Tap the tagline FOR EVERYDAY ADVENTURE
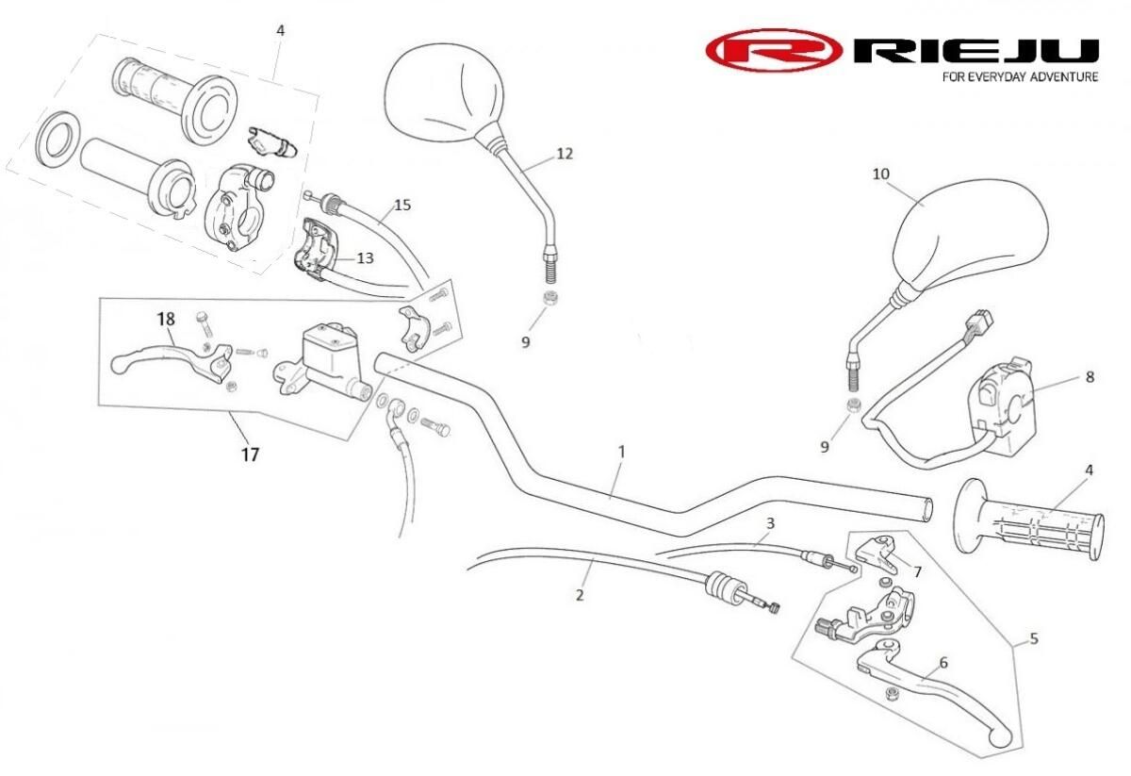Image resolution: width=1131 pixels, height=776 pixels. [1020, 76]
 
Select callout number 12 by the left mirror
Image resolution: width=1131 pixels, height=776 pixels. [565, 153]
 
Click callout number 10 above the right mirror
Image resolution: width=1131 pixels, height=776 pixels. [881, 174]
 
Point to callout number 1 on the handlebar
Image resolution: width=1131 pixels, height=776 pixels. [621, 453]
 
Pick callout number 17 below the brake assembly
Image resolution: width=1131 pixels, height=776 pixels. [249, 454]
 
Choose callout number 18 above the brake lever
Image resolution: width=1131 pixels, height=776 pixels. [166, 320]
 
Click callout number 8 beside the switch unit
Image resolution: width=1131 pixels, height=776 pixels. [1090, 377]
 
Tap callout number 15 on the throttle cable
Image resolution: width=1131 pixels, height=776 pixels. [402, 205]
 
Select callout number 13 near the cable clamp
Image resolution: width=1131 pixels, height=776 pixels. [365, 257]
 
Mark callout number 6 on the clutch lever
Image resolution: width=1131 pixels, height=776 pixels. [943, 663]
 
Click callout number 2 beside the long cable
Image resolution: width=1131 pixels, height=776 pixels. [580, 595]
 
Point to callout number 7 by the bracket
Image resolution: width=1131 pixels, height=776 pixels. [917, 571]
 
